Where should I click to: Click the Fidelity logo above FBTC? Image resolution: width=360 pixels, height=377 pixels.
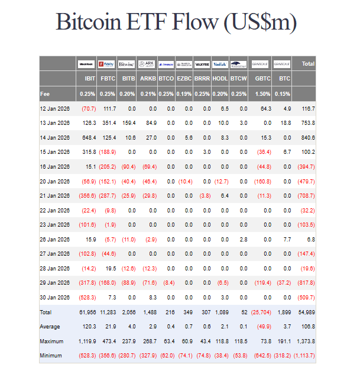click(x=107, y=63)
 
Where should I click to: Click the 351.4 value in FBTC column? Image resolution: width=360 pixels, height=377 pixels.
click(x=108, y=123)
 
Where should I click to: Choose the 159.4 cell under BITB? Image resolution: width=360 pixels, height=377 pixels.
click(x=127, y=123)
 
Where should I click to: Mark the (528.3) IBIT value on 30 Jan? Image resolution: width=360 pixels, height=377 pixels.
click(x=86, y=297)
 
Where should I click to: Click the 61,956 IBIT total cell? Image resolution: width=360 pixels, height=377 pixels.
click(x=86, y=312)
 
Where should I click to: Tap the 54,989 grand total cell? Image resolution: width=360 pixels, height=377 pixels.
click(x=305, y=312)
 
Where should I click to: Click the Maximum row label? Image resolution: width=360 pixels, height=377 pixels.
click(x=52, y=341)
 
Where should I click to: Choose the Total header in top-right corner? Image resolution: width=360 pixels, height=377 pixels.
click(x=307, y=63)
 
